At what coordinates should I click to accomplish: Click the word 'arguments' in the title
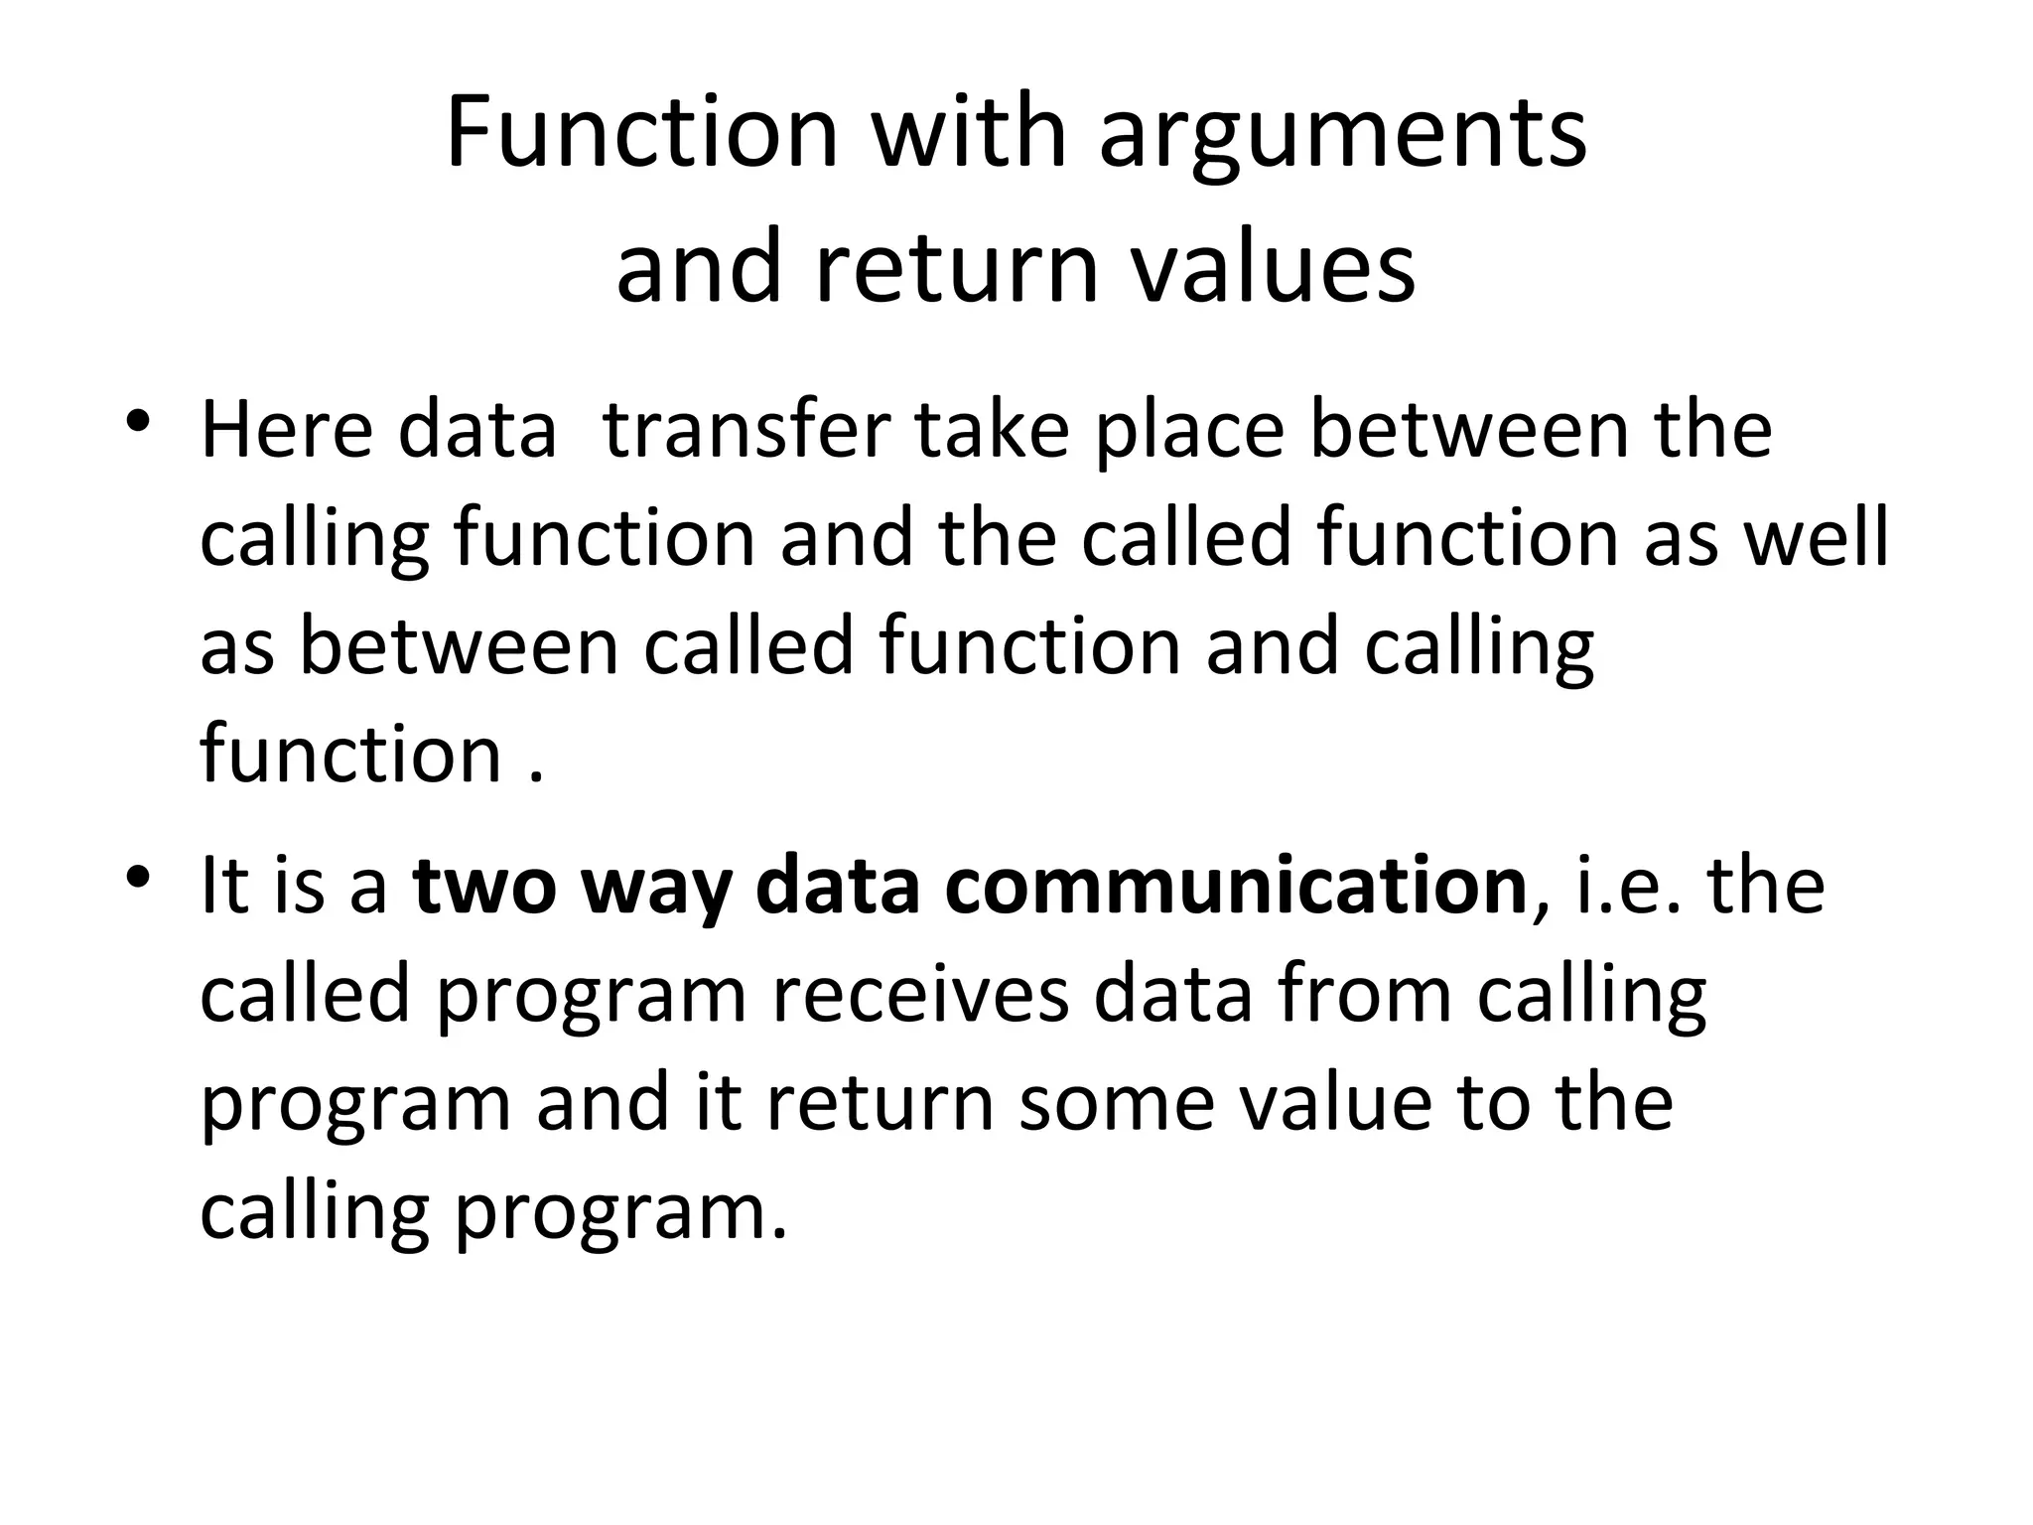pos(1342,137)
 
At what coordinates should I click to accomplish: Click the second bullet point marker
pos(138,877)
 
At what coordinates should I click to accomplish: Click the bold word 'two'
pos(486,886)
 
